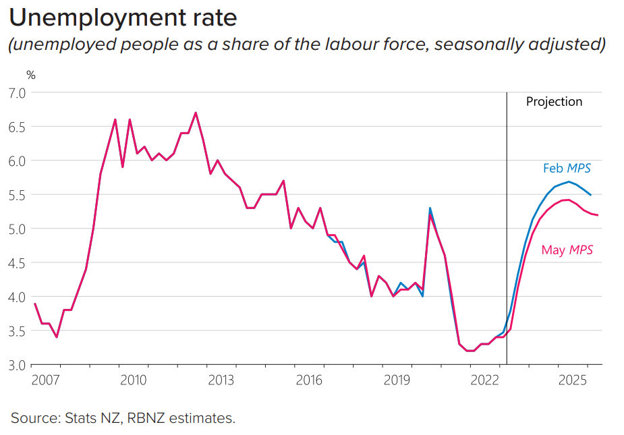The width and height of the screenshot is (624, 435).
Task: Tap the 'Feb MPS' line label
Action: coord(567,169)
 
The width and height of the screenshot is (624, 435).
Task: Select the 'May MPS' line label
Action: coord(567,250)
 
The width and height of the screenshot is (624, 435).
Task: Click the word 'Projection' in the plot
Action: coord(554,102)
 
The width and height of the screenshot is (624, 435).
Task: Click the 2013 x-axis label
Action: coord(221,380)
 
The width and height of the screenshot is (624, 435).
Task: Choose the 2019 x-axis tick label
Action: coord(397,380)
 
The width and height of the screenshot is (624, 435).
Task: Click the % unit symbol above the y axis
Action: coord(30,75)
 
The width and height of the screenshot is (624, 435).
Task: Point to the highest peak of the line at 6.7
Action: coord(196,113)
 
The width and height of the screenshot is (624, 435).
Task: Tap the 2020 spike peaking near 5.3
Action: coord(430,209)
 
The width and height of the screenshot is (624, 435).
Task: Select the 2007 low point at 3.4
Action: coord(57,337)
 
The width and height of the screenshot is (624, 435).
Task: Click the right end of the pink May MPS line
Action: coord(598,215)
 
